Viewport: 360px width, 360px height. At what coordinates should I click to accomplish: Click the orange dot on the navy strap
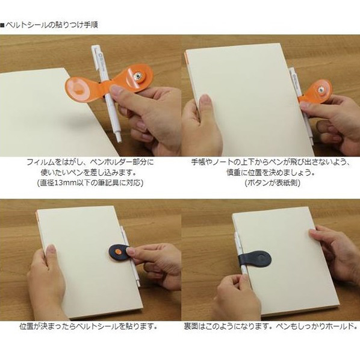click(118, 252)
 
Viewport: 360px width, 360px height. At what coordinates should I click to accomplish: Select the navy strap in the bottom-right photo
click(255, 259)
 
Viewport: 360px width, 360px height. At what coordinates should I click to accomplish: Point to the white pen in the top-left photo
click(106, 93)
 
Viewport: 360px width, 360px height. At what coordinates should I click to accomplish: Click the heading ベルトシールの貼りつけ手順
click(52, 25)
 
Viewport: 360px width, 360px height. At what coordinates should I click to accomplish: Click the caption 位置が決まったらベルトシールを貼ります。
click(88, 326)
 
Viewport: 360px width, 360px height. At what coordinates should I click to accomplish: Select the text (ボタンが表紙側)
click(273, 183)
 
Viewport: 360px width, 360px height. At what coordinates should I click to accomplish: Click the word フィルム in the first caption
click(41, 163)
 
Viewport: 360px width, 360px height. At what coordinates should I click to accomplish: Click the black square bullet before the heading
click(2, 25)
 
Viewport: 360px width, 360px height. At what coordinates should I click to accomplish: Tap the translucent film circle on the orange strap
click(78, 88)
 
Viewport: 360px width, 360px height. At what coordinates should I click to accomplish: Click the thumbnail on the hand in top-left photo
click(117, 89)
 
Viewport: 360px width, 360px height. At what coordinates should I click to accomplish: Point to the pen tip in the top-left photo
click(119, 140)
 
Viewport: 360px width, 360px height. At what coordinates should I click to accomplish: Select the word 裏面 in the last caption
click(191, 326)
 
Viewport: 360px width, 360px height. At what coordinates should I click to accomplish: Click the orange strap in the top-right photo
click(316, 92)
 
